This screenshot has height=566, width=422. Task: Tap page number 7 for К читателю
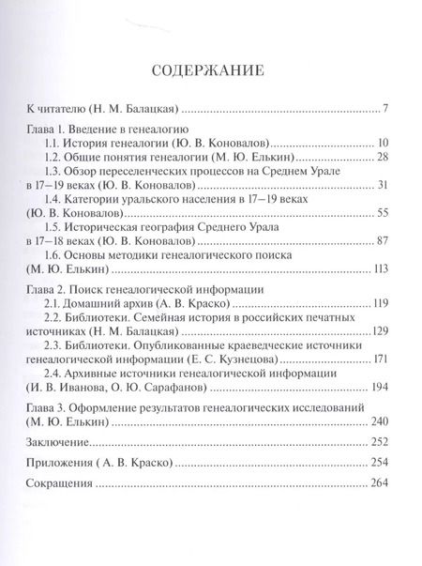tap(385, 108)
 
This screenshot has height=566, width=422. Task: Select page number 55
tap(382, 214)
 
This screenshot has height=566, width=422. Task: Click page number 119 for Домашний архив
tap(379, 304)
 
